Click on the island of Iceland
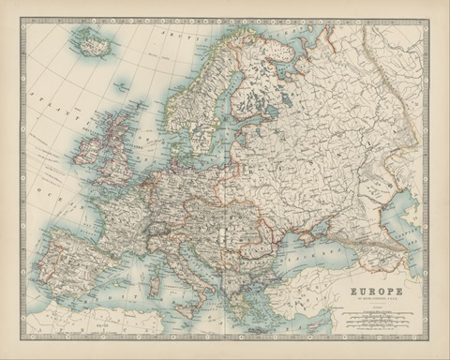tap(92, 43)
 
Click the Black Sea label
tap(323, 255)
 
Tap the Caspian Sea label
tap(416, 220)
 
